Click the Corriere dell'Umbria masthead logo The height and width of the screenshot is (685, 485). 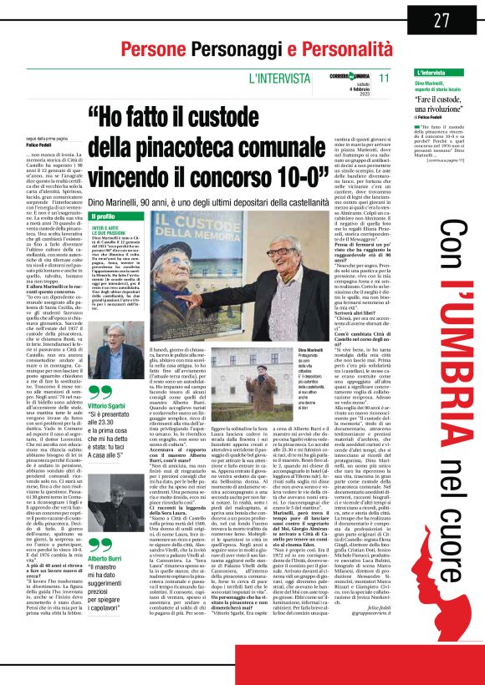328,77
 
